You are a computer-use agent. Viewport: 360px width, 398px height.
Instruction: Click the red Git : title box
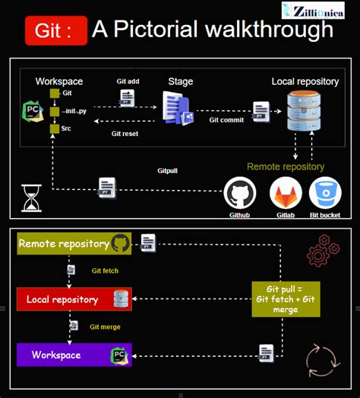tap(55, 32)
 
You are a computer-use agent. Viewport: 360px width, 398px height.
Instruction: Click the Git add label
tap(127, 81)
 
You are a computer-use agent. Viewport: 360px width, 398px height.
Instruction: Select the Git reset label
tap(125, 134)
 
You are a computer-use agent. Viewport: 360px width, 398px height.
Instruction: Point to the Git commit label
tap(226, 119)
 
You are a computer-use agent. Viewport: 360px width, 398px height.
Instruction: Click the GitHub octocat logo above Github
tap(238, 193)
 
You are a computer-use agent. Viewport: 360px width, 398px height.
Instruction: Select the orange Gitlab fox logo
tap(286, 193)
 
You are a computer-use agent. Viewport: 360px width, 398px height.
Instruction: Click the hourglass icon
tap(31, 198)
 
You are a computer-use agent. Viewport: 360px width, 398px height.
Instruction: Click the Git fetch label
tap(105, 270)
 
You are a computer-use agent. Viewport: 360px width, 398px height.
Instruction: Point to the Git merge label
tap(105, 327)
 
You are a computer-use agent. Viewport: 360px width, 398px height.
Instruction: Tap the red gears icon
tap(323, 251)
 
